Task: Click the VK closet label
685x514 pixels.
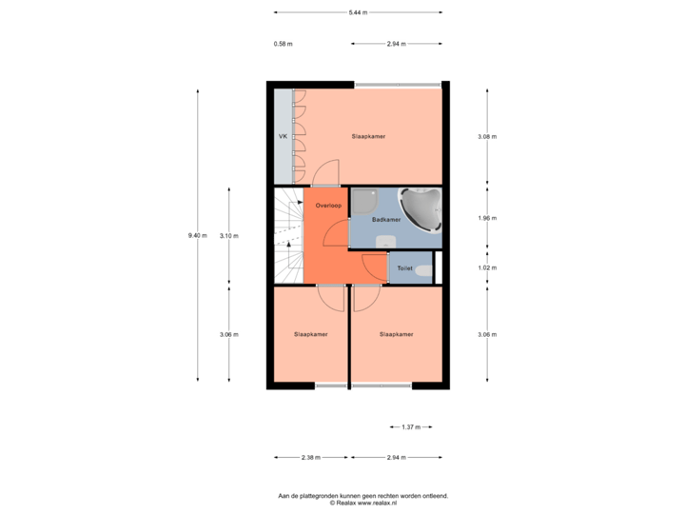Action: point(283,137)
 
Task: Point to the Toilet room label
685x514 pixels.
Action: point(404,269)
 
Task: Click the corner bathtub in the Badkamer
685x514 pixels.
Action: point(420,208)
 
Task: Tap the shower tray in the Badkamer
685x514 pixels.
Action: point(364,201)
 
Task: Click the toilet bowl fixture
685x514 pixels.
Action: point(423,271)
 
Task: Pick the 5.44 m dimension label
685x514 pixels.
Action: point(358,12)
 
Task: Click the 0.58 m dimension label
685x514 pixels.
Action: point(283,44)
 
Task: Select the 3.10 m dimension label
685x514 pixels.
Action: point(228,235)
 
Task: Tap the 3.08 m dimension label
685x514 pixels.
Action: point(486,137)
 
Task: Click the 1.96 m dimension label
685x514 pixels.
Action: point(486,218)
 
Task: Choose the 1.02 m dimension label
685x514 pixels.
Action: point(486,268)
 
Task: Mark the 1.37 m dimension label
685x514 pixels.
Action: point(411,427)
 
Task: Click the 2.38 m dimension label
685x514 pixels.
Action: point(310,458)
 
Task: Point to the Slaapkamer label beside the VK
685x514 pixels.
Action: point(368,137)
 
